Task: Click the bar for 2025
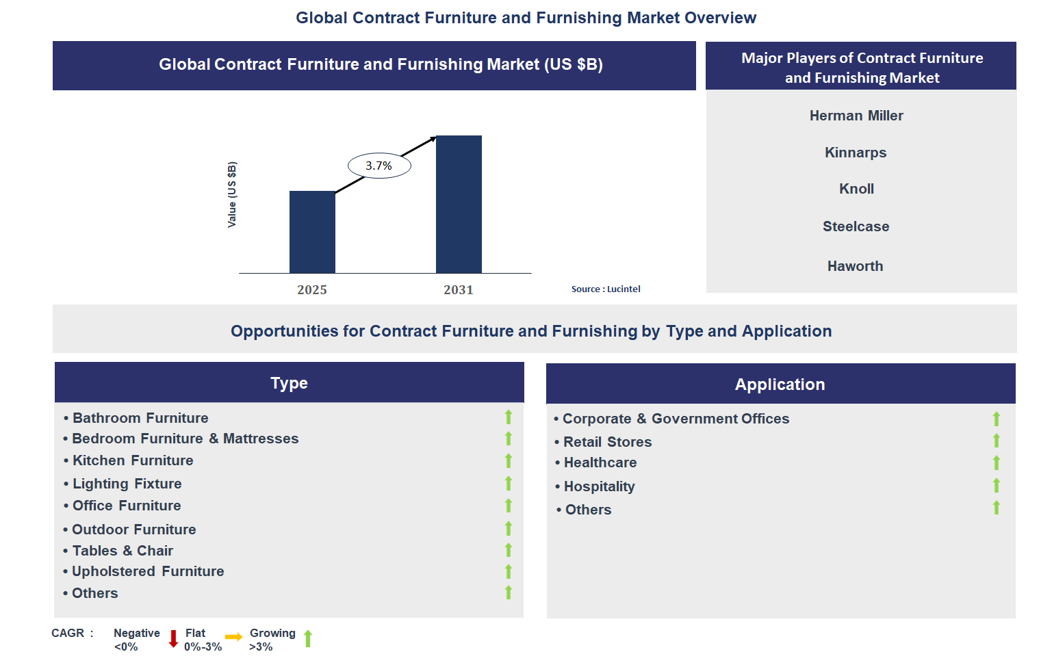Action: (312, 232)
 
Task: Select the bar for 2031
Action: (459, 204)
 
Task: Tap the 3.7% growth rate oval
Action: (379, 166)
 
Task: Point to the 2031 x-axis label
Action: (459, 289)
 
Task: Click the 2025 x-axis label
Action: (312, 289)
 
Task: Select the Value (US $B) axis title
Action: (232, 194)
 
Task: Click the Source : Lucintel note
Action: (606, 289)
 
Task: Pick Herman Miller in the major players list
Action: (856, 116)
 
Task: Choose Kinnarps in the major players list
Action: (856, 153)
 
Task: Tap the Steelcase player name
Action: (856, 226)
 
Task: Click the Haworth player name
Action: (855, 266)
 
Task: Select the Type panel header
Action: (290, 382)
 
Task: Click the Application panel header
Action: (780, 383)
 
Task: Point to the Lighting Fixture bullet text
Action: (127, 484)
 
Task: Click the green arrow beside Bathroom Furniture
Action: (508, 417)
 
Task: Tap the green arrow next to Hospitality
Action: (996, 485)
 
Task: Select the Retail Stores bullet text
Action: (607, 441)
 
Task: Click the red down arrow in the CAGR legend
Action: (173, 639)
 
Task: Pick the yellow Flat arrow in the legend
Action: (234, 637)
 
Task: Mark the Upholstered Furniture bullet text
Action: (148, 571)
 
